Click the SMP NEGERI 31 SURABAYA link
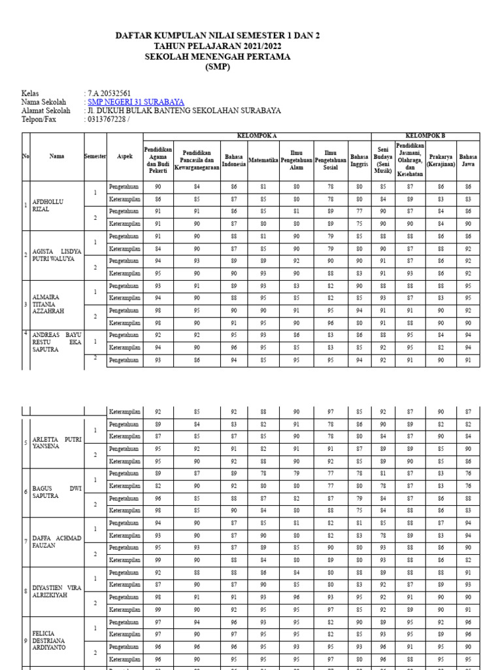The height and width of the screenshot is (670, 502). [x=136, y=102]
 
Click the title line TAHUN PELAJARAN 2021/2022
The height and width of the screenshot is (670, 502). [x=218, y=46]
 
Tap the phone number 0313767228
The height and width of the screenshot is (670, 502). [x=106, y=120]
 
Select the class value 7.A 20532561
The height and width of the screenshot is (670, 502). [x=109, y=93]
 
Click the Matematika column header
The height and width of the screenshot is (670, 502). [x=263, y=157]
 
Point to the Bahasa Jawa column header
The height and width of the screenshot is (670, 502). [x=467, y=161]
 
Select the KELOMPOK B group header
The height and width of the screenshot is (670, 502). [x=425, y=136]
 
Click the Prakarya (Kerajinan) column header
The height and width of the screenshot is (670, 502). [x=441, y=161]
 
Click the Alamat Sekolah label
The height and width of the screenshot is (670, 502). [x=46, y=111]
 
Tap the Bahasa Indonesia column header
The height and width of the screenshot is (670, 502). [x=234, y=161]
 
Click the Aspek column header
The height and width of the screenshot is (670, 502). [x=124, y=157]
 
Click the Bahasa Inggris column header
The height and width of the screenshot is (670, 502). [x=359, y=161]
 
